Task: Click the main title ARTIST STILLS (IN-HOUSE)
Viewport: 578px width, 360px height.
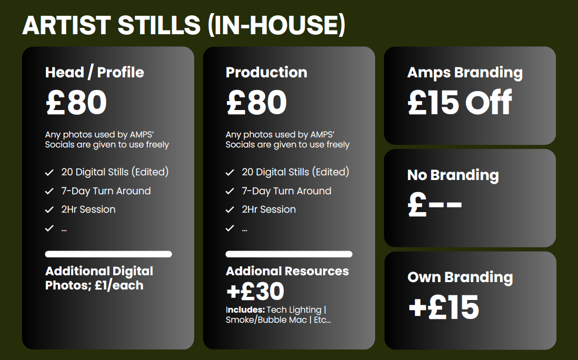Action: (x=184, y=25)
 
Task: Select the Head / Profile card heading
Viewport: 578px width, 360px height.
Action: (x=94, y=72)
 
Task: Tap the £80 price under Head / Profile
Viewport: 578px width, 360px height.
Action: (x=76, y=102)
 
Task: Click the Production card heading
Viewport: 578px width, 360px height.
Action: (x=266, y=72)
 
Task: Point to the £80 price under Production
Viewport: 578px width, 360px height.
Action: (x=256, y=102)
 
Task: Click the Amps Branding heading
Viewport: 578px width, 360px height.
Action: (x=465, y=73)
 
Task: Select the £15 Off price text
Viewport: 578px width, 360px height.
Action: (x=460, y=102)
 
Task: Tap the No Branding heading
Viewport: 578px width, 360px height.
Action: (x=453, y=175)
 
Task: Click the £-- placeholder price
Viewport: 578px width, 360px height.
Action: (x=435, y=205)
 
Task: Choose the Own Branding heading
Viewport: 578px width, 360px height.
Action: (x=460, y=277)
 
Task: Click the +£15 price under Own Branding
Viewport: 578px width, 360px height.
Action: (x=443, y=307)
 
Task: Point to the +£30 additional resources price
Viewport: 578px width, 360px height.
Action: (x=255, y=291)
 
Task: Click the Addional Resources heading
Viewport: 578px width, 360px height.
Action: (x=287, y=271)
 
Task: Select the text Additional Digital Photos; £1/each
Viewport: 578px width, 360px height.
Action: (x=99, y=278)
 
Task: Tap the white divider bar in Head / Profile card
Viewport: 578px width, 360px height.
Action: (x=108, y=254)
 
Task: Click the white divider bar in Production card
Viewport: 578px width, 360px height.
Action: (x=289, y=254)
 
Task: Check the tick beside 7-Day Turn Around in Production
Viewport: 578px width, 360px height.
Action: (x=230, y=191)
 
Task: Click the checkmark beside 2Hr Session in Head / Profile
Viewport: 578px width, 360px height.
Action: (x=49, y=209)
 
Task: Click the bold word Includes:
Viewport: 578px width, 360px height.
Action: (x=245, y=309)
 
